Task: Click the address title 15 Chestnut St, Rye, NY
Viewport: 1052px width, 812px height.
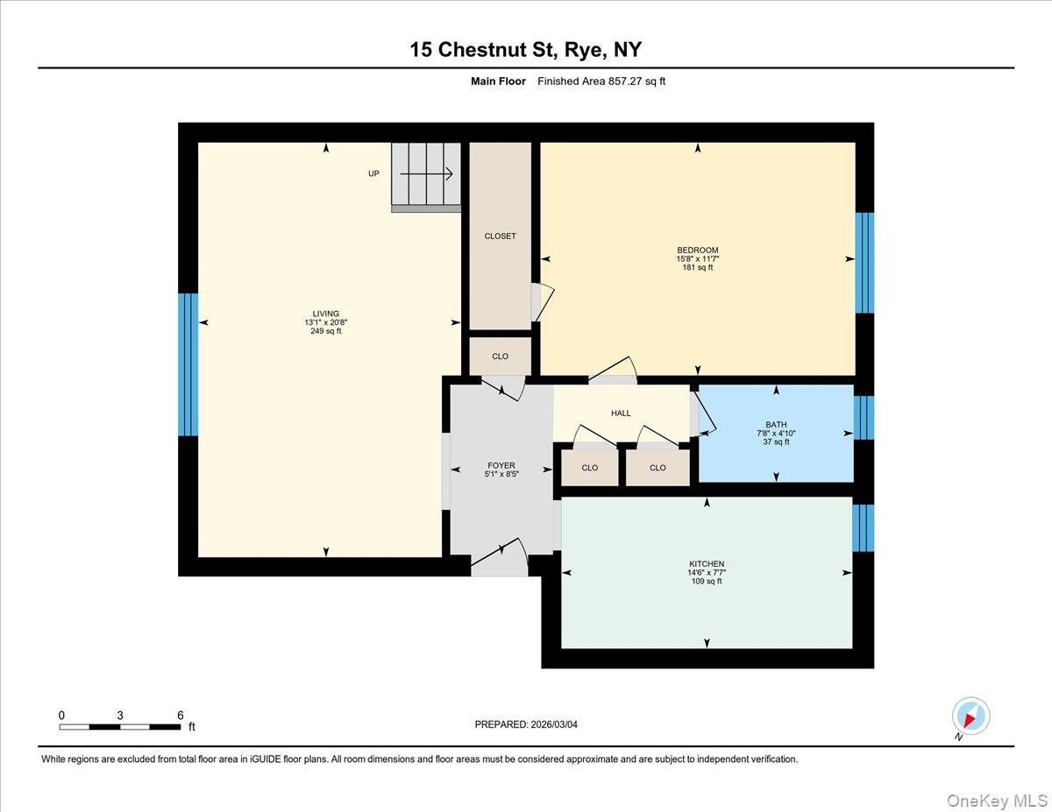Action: [x=525, y=49]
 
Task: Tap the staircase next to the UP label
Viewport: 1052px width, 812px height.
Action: [x=426, y=176]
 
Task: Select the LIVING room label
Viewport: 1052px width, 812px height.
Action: [x=325, y=314]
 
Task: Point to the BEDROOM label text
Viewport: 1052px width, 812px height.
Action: [x=697, y=250]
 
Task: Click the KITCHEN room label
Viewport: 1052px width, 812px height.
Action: [x=706, y=564]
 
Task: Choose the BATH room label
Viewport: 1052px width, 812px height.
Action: [x=776, y=425]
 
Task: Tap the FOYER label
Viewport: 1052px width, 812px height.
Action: [x=501, y=466]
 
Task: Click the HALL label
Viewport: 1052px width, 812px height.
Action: [x=621, y=413]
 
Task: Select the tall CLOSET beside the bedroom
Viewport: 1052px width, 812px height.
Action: [x=500, y=236]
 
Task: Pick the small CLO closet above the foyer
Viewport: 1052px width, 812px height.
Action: [x=500, y=357]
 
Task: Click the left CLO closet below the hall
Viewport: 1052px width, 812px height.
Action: [x=589, y=468]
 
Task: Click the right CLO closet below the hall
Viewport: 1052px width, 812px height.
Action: [x=657, y=468]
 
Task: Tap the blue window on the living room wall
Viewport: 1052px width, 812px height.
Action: [x=188, y=364]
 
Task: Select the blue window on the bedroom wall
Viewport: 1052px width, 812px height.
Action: [x=864, y=263]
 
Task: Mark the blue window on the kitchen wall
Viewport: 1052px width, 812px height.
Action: [x=864, y=527]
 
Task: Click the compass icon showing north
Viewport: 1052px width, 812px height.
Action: [x=970, y=717]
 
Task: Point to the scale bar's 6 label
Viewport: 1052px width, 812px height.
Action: [x=180, y=715]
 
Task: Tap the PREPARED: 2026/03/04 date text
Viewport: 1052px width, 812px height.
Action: [x=526, y=724]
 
